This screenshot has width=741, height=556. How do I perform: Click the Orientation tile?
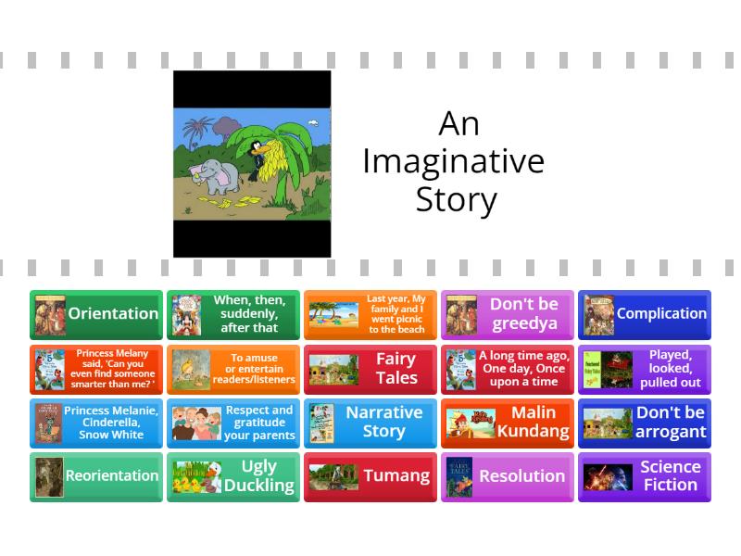click(x=96, y=314)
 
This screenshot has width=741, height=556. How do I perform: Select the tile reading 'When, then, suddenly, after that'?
click(x=233, y=314)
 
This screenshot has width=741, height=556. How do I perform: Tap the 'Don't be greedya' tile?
click(x=508, y=314)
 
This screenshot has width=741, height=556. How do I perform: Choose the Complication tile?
click(x=645, y=314)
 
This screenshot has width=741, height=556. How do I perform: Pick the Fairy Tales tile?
click(x=370, y=369)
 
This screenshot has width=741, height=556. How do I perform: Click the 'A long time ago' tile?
click(x=508, y=369)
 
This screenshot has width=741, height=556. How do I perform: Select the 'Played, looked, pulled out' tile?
click(x=645, y=369)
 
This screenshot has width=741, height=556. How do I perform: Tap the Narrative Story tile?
click(x=370, y=423)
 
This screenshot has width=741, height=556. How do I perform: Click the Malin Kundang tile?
click(x=508, y=423)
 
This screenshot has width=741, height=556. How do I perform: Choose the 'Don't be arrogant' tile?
click(x=645, y=423)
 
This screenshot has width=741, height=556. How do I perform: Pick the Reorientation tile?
click(x=96, y=476)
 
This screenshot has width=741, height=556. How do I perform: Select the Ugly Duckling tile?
click(x=233, y=476)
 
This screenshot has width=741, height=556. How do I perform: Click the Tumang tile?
click(x=370, y=476)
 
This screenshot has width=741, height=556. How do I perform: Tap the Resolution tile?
click(x=508, y=476)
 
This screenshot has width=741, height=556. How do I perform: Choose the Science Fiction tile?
click(x=645, y=476)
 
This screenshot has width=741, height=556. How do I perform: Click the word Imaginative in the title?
click(x=453, y=161)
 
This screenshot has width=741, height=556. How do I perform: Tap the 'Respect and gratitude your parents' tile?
click(x=233, y=423)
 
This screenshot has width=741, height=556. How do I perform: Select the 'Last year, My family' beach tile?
click(x=370, y=314)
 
